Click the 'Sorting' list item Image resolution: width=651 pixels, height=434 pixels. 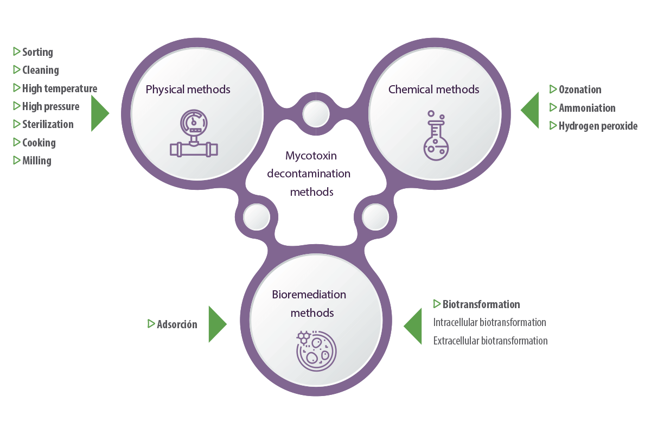coord(37,52)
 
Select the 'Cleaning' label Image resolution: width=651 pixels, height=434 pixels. coord(40,70)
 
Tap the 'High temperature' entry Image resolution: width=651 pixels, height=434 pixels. coord(59,88)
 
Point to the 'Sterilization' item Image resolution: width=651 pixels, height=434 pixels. coord(47,124)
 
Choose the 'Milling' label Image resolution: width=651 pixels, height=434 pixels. coord(36,161)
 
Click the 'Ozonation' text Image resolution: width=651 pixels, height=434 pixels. coord(579,90)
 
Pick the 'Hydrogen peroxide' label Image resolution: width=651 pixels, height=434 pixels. coord(597,126)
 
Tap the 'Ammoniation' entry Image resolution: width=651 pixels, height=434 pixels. coord(586,108)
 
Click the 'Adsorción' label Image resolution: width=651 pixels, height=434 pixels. coord(176,324)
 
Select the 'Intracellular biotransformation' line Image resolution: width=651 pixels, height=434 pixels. coord(489,322)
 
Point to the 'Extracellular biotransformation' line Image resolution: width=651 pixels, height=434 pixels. coord(490,341)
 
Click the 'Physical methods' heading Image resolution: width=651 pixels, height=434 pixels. coord(188,90)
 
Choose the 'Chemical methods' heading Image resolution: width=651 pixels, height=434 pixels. coord(433,90)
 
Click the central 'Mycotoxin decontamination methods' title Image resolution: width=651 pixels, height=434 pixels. coord(318,174)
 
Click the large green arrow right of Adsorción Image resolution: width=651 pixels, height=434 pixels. coord(216,324)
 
